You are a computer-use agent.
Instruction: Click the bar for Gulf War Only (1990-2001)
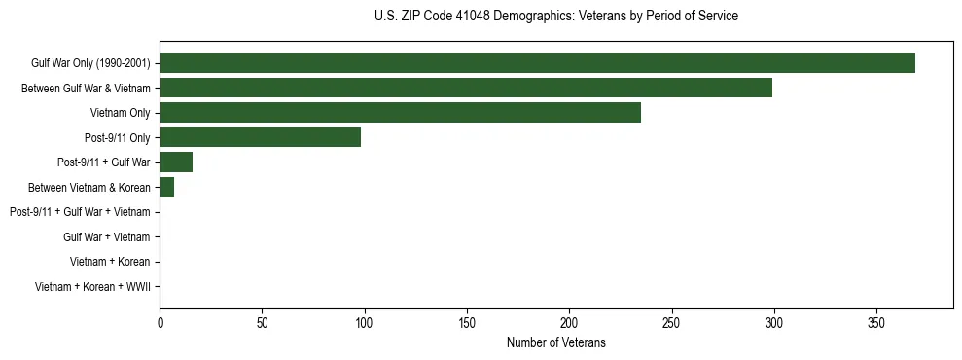(x=537, y=63)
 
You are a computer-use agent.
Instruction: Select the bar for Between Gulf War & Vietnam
(x=466, y=88)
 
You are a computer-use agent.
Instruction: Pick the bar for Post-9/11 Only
(x=260, y=137)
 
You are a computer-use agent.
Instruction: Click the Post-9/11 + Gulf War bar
(x=176, y=162)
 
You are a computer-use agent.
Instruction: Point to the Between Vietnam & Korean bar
(x=166, y=187)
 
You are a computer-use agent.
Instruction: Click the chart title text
(x=555, y=17)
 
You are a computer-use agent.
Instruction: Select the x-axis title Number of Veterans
(x=555, y=342)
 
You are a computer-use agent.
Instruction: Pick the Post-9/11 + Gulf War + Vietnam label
(x=80, y=212)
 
